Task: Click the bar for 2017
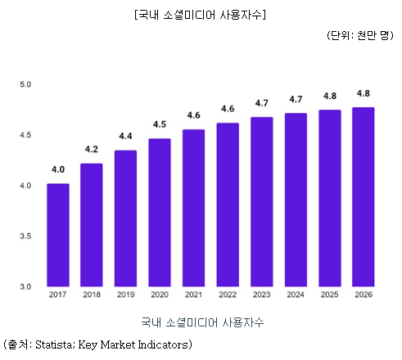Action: (58, 236)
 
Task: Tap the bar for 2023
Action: (262, 202)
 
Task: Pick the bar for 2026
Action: (363, 197)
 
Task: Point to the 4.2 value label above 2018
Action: (92, 150)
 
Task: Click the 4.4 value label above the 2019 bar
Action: (126, 136)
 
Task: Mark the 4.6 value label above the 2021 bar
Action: (194, 115)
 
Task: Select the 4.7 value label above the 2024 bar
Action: (296, 99)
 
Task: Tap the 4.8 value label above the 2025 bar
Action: (329, 95)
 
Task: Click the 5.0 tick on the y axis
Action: (25, 84)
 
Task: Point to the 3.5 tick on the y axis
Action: (25, 236)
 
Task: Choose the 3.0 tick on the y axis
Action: (25, 286)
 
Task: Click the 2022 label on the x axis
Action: (228, 295)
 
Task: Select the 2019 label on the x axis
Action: (126, 295)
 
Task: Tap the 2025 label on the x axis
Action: (329, 295)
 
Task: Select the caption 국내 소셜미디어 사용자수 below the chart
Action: (201, 322)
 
